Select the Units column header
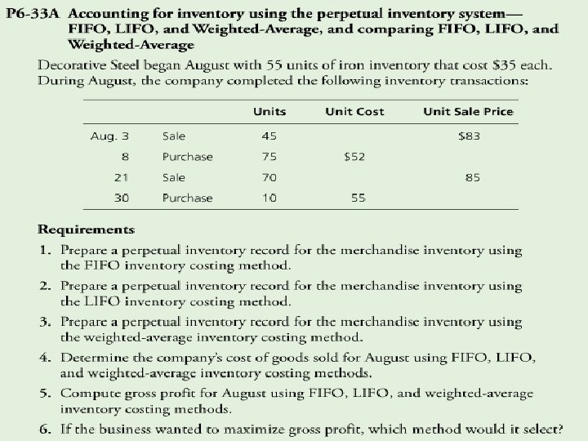click(x=269, y=111)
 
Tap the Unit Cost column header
click(x=354, y=111)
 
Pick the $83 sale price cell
click(x=470, y=136)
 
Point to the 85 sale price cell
click(x=473, y=177)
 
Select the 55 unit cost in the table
click(x=358, y=198)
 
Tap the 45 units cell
click(x=269, y=136)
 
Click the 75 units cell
click(x=269, y=157)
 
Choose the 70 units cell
click(x=269, y=177)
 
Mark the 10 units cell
click(x=269, y=198)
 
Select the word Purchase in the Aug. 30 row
click(x=187, y=198)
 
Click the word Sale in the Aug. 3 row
click(x=174, y=136)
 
